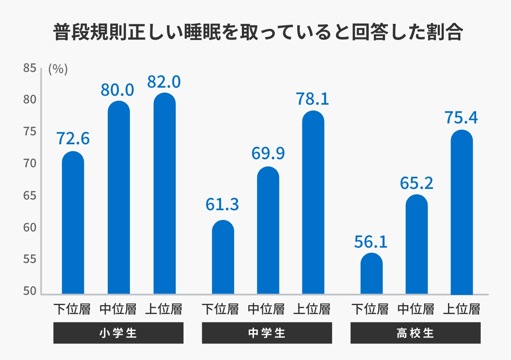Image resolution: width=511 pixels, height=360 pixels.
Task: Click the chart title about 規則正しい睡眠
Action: pos(258,33)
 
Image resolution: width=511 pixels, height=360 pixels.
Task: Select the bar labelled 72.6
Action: pos(73,223)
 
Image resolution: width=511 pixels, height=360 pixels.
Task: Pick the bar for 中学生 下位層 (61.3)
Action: pos(223,257)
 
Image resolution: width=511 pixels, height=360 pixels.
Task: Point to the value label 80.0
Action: pos(118,90)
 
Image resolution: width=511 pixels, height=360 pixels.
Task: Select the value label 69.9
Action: pos(268,154)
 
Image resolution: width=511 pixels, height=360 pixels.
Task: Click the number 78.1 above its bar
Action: pos(312,99)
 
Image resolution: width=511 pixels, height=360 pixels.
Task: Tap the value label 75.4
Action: pos(461,118)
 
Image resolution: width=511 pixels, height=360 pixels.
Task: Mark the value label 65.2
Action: pos(416,183)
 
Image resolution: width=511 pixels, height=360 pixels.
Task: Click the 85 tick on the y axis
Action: pos(29,68)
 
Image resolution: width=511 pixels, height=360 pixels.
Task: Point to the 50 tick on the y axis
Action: pos(29,291)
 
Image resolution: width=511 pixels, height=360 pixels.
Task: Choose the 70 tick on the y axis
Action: pos(29,164)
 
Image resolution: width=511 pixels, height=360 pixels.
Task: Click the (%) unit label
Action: pos(58,69)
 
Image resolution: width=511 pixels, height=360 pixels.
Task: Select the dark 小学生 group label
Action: pos(118,333)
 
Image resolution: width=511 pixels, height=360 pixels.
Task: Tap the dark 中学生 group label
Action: pos(267,333)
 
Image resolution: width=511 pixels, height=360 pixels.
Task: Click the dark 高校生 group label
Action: pos(415,333)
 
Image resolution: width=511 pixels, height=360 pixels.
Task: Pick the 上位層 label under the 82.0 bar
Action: pos(164,309)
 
